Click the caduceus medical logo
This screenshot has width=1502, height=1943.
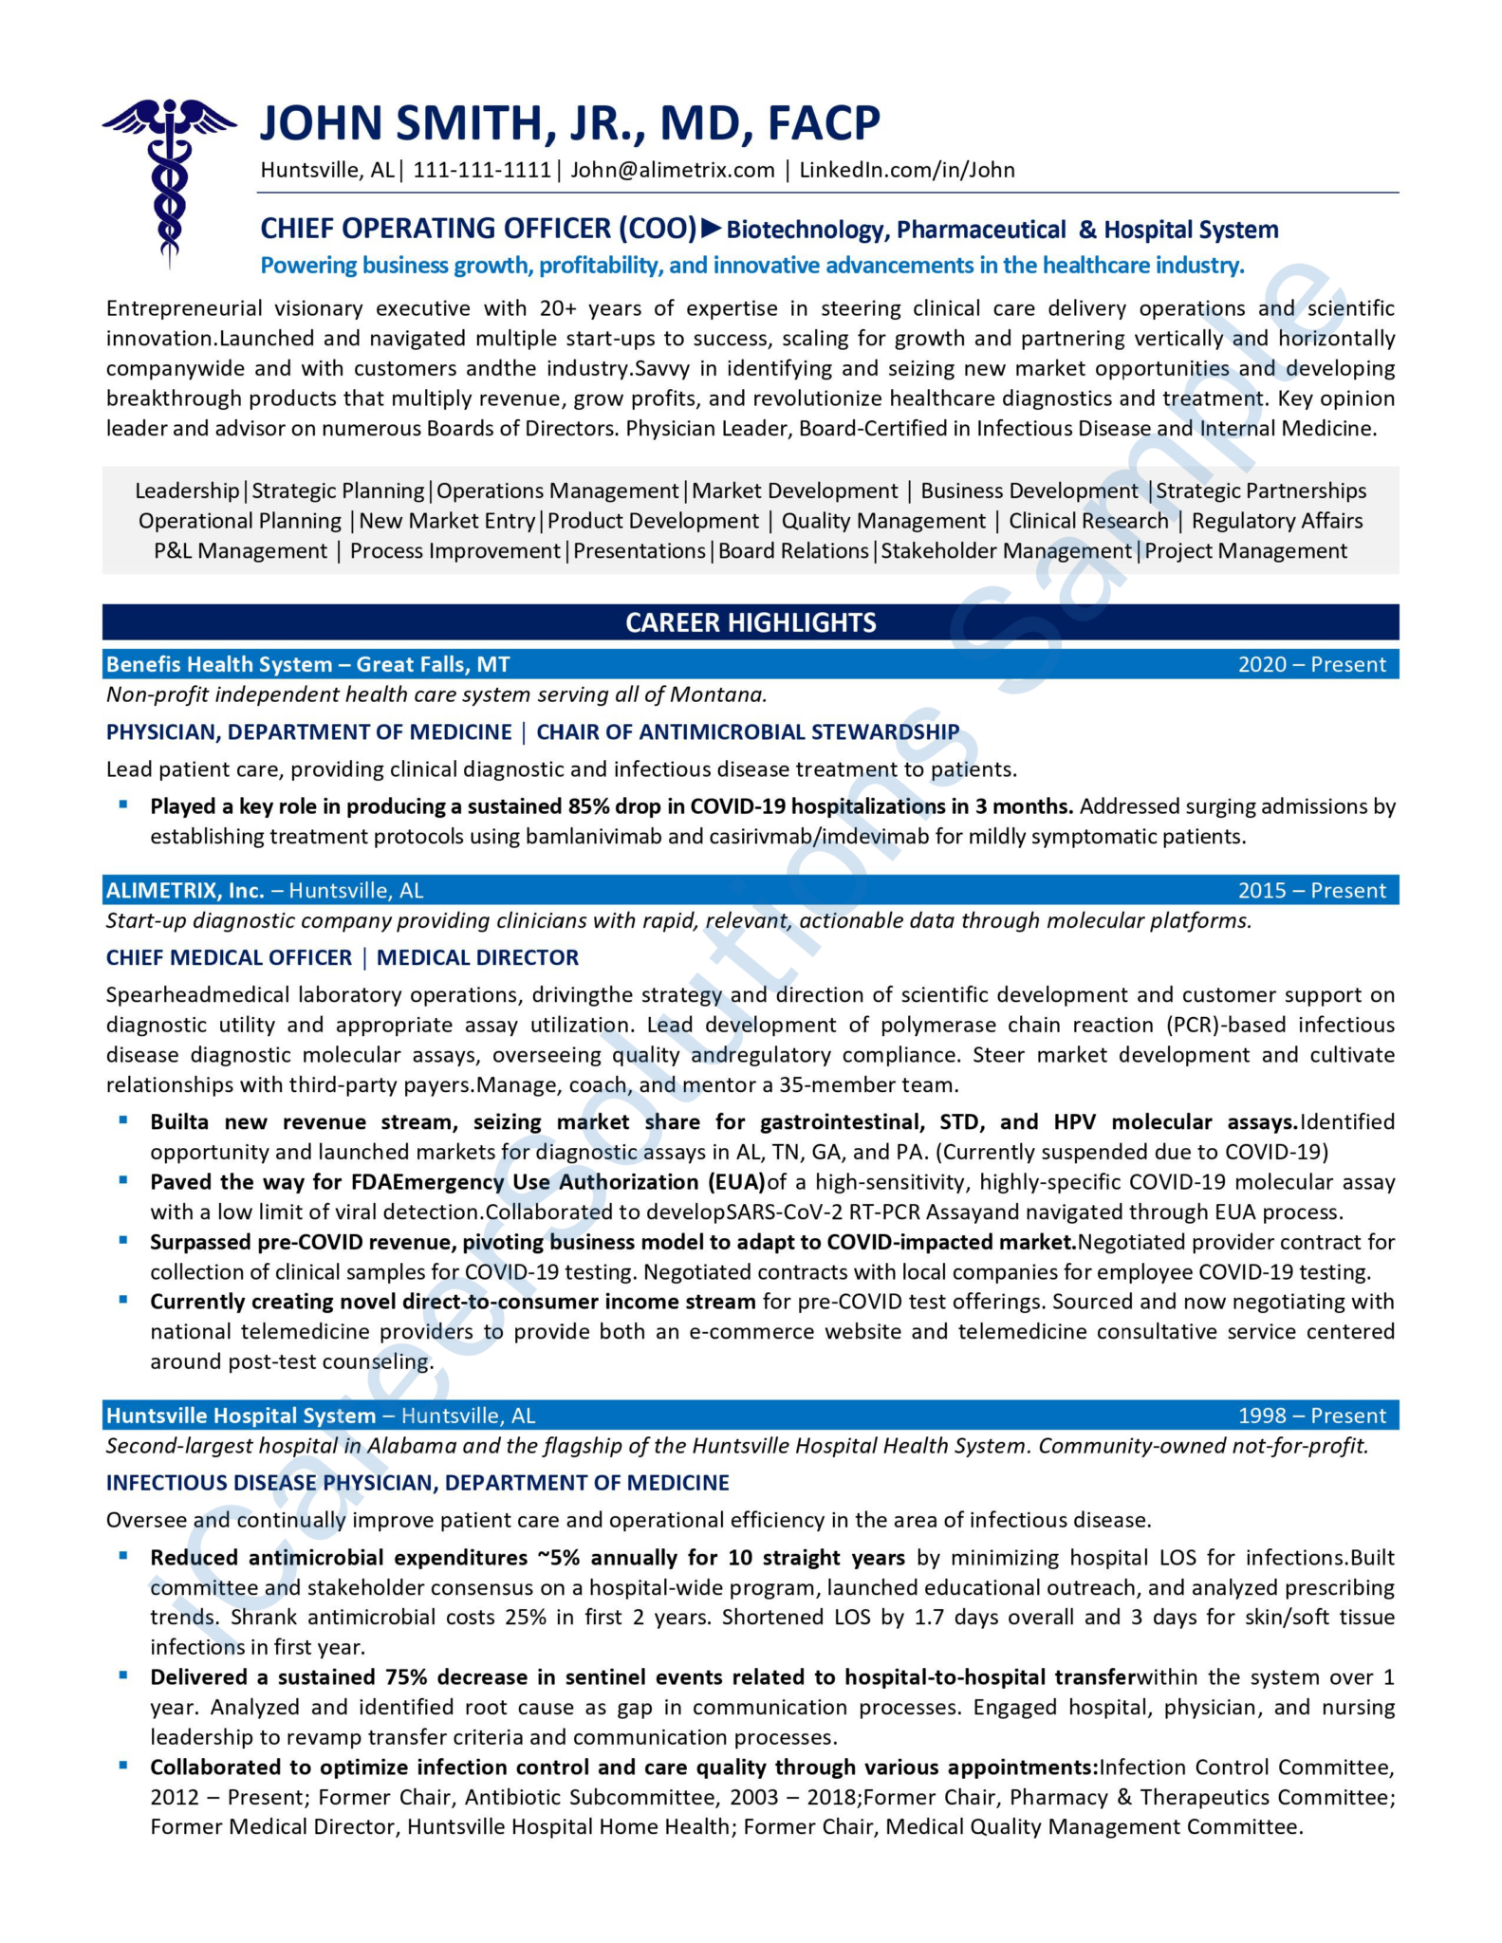click(169, 180)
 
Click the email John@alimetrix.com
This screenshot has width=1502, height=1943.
click(672, 170)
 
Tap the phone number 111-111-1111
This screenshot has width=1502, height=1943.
click(482, 170)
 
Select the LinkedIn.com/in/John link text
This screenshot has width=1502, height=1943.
click(906, 170)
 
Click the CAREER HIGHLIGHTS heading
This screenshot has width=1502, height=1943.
click(750, 622)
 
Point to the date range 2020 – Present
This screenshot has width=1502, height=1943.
click(1311, 664)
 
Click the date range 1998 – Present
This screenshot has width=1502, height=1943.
click(1311, 1416)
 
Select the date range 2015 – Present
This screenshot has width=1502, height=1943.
click(1311, 890)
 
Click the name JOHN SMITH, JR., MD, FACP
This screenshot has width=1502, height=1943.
click(569, 123)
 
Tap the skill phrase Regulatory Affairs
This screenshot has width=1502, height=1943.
click(1276, 521)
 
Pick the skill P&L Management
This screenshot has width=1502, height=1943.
click(240, 551)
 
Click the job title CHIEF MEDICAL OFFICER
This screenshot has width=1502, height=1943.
click(229, 957)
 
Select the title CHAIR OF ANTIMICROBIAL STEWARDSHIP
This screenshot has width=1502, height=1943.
click(748, 731)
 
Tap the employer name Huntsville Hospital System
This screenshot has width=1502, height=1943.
click(241, 1416)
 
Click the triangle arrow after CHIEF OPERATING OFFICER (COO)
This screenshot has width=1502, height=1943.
click(712, 228)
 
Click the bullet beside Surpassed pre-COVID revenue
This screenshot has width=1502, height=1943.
click(123, 1240)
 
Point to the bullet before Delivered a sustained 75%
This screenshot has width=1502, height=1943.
click(123, 1675)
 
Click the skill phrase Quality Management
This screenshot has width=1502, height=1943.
click(883, 521)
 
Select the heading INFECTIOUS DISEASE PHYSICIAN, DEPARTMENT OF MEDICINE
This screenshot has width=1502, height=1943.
click(417, 1482)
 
